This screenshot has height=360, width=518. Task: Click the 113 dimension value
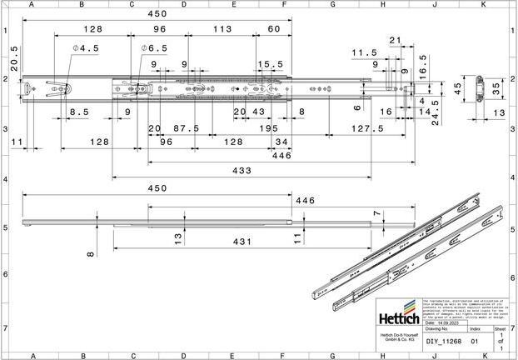pos(222,28)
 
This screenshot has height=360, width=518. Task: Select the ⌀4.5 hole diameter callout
pos(85,49)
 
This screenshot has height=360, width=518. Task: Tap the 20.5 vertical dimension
pos(14,60)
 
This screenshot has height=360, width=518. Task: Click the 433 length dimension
pos(242,170)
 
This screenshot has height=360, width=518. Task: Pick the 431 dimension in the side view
pos(241,241)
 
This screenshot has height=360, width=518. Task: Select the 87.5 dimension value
pos(185,128)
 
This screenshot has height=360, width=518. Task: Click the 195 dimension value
pos(268,128)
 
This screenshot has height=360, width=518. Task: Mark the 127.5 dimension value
pos(367,128)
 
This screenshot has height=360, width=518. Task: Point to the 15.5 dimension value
pos(270,64)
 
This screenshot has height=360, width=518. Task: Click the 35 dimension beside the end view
pos(497,86)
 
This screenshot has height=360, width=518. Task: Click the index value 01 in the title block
pos(475,341)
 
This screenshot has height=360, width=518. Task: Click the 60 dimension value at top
pos(273,28)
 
